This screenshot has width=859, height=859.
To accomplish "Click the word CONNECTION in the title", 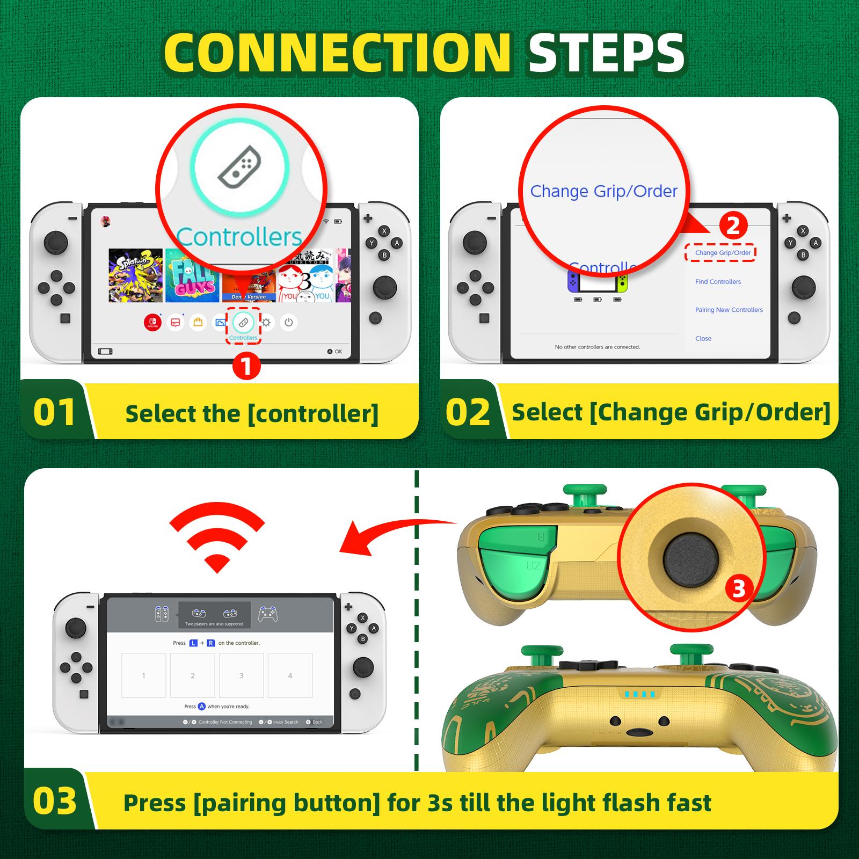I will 337,53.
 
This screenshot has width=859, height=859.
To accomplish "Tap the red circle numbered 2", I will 733,225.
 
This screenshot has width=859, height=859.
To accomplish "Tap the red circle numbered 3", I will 739,589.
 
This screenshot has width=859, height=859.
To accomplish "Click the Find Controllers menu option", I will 718,282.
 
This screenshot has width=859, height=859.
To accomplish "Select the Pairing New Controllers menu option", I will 729,310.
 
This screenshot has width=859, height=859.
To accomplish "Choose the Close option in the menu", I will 703,339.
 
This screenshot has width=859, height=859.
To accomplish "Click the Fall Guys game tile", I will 192,275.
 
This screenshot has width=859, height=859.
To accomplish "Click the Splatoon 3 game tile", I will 135,275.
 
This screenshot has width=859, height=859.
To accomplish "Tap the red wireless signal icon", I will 217,540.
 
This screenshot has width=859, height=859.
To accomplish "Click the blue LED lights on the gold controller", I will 639,694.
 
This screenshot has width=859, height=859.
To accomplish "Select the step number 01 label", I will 54,412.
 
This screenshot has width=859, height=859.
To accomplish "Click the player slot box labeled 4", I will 290,675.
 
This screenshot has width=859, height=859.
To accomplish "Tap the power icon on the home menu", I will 289,323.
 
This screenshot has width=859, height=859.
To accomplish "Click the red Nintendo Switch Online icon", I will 153,323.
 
